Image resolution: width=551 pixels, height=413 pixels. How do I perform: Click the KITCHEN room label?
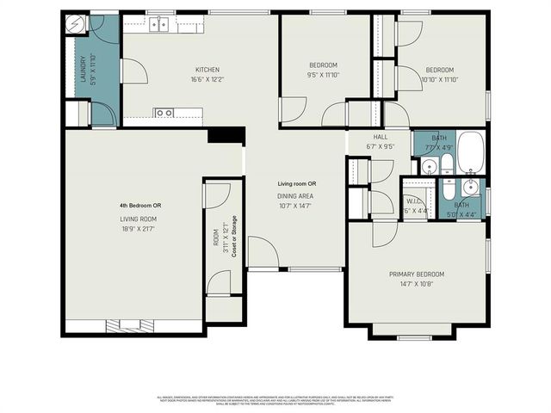pos(207,70)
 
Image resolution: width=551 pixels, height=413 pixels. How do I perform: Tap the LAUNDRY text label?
pos(84,70)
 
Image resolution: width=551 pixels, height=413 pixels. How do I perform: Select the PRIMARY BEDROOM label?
pos(417,274)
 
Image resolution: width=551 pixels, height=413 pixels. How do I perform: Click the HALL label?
pos(380,137)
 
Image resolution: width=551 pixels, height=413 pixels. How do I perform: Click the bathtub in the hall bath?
pos(470,152)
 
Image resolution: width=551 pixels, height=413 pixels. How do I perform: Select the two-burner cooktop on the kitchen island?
pos(164,112)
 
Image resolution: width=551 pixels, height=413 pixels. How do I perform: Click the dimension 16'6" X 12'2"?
pos(207,79)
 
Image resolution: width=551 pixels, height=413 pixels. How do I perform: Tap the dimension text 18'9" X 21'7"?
pos(140,230)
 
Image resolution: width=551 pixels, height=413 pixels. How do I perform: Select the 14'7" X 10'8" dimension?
pos(417,284)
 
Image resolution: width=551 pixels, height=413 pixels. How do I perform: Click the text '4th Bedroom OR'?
pos(140,206)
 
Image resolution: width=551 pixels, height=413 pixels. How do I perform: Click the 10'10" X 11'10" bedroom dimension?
pos(439,79)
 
